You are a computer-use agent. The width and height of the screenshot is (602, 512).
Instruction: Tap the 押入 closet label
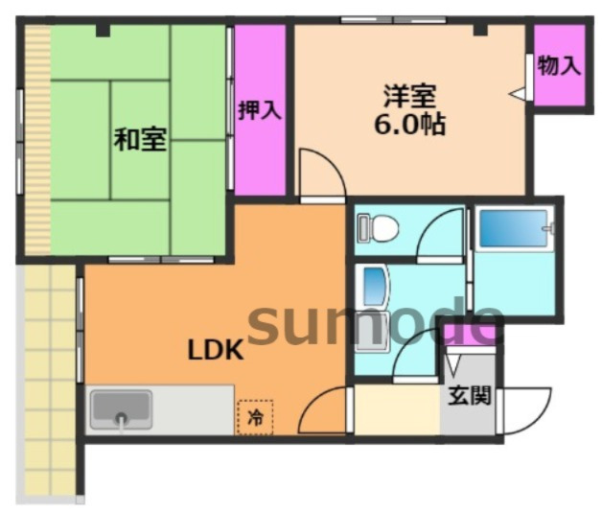tap(259, 109)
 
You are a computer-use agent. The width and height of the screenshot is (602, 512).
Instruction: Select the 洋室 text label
tap(410, 96)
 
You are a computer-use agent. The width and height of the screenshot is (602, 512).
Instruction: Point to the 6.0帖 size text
tap(410, 125)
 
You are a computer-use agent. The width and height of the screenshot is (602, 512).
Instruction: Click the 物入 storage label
tap(558, 66)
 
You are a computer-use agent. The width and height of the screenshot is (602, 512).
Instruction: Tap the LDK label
tap(215, 350)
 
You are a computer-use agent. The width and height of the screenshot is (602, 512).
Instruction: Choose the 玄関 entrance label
tap(470, 395)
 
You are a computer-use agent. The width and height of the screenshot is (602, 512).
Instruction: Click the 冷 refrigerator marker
tap(255, 417)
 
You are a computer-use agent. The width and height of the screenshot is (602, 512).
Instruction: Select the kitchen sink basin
tap(121, 410)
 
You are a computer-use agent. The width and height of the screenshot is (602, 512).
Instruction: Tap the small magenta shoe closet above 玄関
tap(470, 335)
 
